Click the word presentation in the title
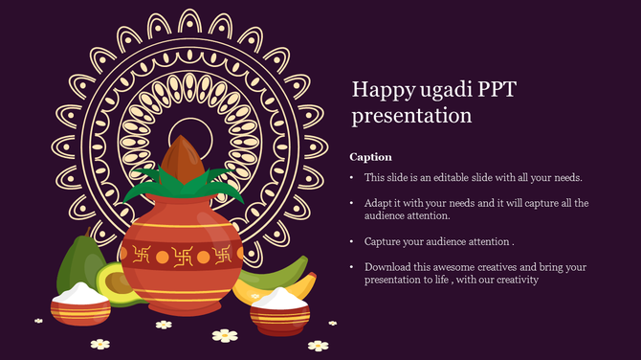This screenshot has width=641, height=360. (411, 116)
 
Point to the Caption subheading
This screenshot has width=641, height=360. (370, 156)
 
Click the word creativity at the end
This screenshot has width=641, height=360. (518, 280)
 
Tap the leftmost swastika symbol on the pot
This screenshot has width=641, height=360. (143, 255)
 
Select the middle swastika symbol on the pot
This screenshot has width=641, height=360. (182, 256)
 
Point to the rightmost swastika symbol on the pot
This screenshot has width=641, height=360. (222, 255)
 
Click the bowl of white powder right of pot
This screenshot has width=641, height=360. (279, 310)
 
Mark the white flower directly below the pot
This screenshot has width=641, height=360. (224, 335)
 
